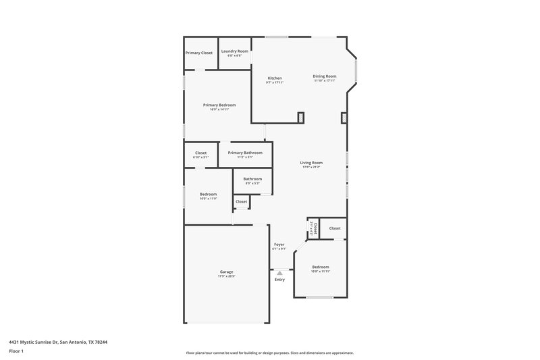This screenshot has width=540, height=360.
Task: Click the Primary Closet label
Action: click(199, 53)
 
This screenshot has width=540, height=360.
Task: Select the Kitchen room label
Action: click(275, 79)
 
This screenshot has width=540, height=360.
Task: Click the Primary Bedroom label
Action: click(219, 106)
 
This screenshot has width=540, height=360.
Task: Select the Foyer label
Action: click(279, 245)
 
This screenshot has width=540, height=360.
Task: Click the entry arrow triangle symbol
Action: click(279, 273)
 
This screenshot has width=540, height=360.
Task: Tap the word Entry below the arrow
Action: click(279, 279)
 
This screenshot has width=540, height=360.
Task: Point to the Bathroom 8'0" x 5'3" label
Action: click(252, 180)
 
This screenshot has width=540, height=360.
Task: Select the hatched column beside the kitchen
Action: click(301, 118)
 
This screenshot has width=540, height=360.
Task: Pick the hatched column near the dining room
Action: click(344, 119)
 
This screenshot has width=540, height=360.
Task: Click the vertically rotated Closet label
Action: click(313, 228)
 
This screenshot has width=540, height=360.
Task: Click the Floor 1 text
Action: click(16, 351)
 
